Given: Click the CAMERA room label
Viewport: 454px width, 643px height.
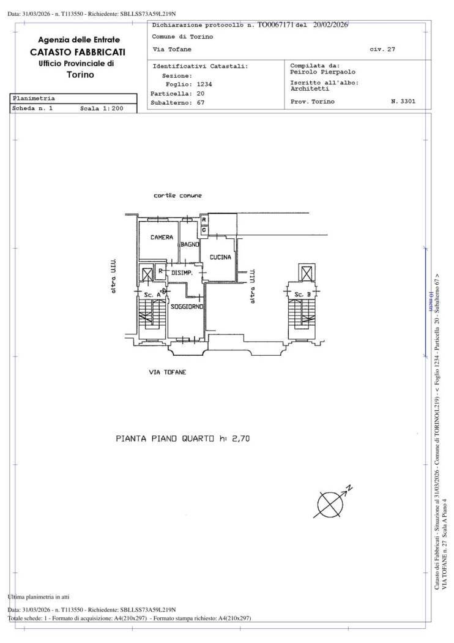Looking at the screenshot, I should (162, 237).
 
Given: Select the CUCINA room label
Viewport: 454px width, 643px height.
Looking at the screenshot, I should (220, 258).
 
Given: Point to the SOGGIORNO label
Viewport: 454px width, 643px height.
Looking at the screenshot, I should (187, 306).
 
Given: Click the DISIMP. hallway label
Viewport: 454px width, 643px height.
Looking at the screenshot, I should (182, 273).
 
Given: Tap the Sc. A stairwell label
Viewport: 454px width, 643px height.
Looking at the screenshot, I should (152, 295).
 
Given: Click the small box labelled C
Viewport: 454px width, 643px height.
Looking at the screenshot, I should (204, 230).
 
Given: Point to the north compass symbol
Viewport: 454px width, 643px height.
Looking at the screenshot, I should (332, 502).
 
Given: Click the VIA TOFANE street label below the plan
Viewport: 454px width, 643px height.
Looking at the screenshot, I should (168, 372).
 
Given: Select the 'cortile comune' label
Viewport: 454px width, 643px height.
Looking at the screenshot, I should (177, 195).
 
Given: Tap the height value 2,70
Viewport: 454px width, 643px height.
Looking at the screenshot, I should (239, 438).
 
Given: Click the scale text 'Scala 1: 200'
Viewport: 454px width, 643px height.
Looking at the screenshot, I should (102, 108).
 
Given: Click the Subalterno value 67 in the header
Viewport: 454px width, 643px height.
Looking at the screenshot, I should (201, 103).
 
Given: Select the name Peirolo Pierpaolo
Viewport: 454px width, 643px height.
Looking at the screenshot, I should (322, 72).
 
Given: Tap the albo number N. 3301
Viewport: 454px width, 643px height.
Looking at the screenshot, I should (403, 101).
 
